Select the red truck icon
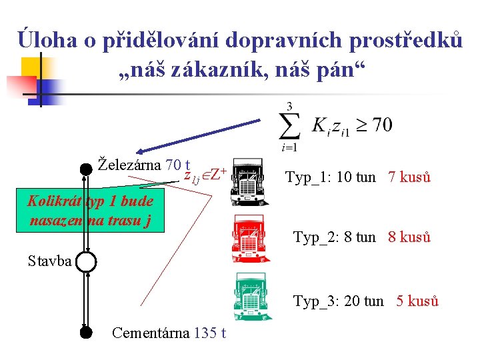[251, 239]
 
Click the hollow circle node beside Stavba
[87, 261]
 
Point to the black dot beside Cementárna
[85, 331]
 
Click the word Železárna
[130, 164]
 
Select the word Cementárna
[151, 332]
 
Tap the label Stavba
[50, 261]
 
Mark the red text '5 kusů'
[417, 301]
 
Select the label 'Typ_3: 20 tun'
[338, 301]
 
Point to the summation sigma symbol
[289, 125]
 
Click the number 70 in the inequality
[382, 125]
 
